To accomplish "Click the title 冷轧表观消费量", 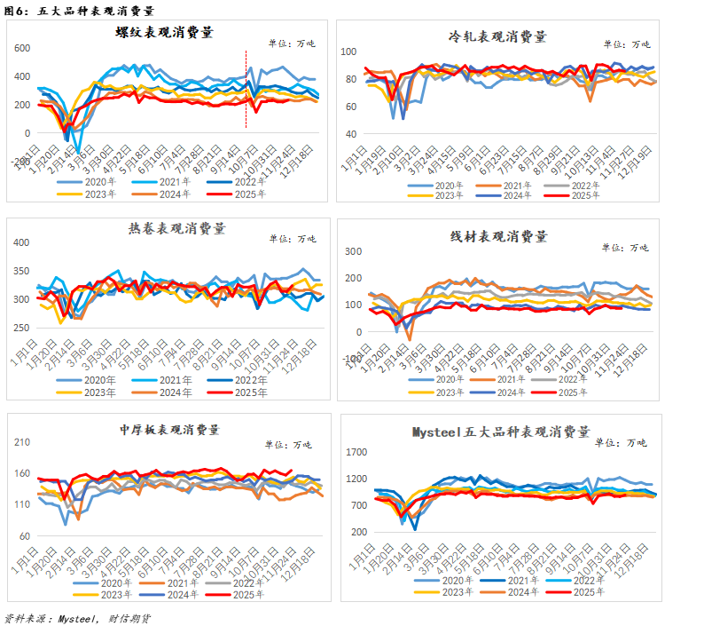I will tap(497, 36).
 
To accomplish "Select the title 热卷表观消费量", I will tap(167, 228).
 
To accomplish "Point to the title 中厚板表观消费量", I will tap(169, 429).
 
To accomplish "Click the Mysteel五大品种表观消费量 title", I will tap(501, 432).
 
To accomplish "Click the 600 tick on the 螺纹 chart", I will tap(20, 48).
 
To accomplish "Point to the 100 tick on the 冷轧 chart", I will tap(348, 52).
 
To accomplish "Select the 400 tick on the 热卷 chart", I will tap(20, 242).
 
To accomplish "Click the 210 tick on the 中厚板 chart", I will tap(21, 442).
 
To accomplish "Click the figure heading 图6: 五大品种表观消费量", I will tap(79, 11).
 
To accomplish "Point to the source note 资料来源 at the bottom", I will tap(80, 616).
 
